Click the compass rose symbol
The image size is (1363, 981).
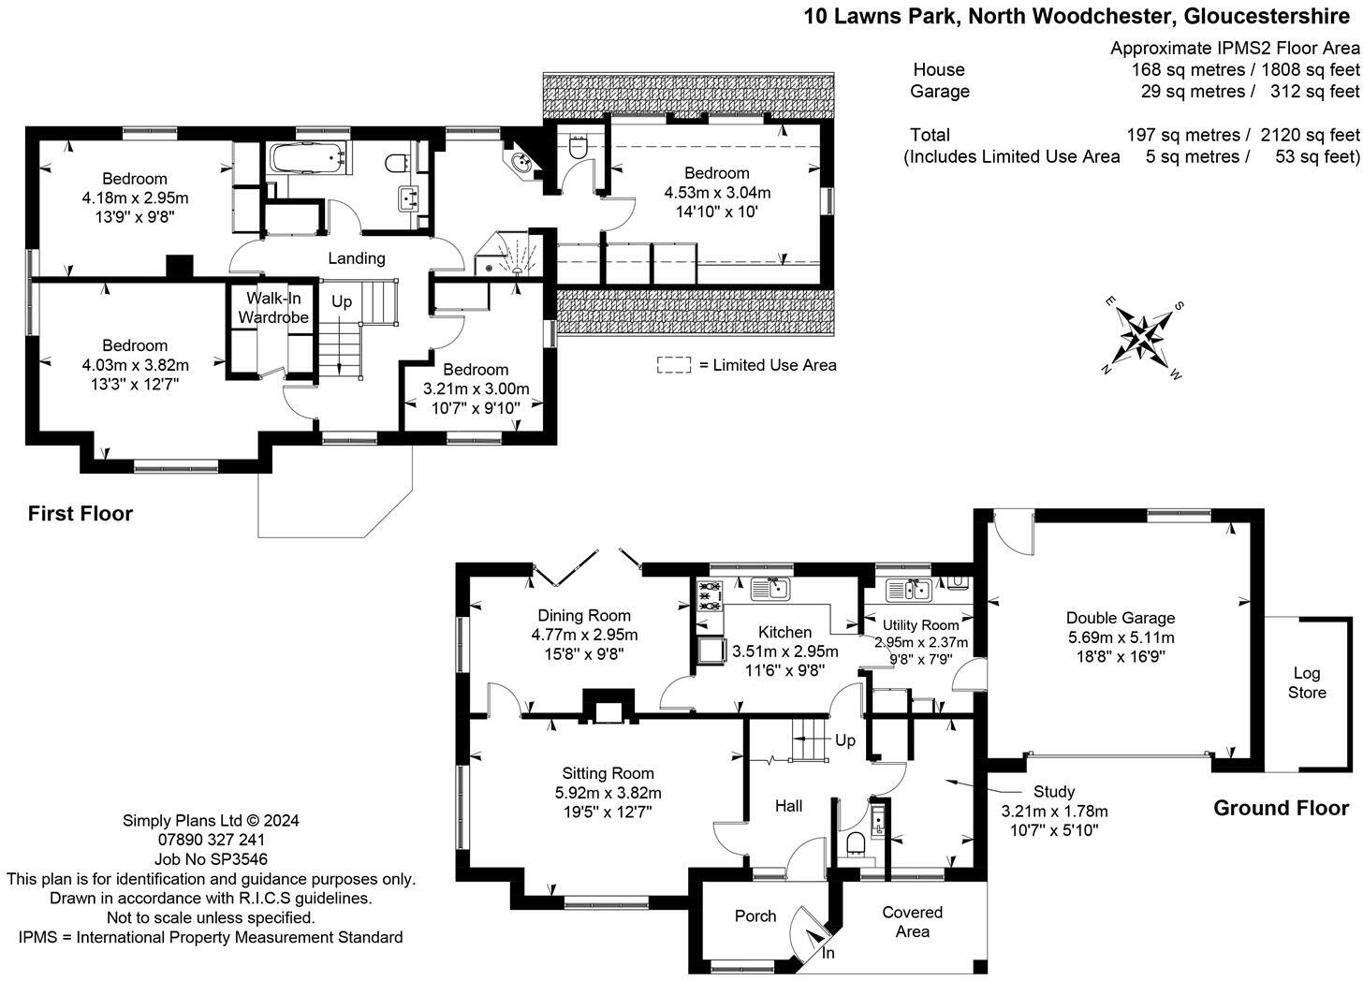(1142, 334)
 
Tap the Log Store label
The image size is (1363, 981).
(1307, 683)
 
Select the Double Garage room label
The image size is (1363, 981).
(1121, 618)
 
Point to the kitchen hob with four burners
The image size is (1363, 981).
(708, 595)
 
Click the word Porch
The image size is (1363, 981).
(755, 915)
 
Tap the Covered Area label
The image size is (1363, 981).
(912, 921)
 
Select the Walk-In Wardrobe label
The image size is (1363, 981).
(273, 308)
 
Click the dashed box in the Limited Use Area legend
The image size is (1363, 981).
(673, 365)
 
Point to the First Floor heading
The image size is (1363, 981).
(81, 513)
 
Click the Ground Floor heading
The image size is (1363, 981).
(1281, 808)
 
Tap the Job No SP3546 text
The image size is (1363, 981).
(211, 859)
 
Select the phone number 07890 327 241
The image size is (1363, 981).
(211, 840)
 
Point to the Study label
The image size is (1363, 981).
(1054, 791)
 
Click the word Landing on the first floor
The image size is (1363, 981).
(356, 258)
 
